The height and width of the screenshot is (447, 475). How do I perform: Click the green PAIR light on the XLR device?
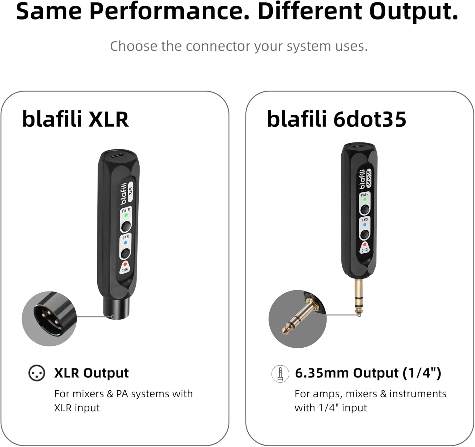tap(126, 215)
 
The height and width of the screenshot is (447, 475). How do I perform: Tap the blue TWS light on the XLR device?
tap(125, 243)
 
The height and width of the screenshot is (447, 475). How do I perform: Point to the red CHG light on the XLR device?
tap(125, 264)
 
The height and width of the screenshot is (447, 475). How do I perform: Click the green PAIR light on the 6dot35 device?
tap(365, 199)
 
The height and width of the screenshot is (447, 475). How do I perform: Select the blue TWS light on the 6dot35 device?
tap(365, 225)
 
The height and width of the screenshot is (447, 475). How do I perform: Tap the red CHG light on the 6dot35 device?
tap(365, 245)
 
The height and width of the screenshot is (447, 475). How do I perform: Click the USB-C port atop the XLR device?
tap(118, 156)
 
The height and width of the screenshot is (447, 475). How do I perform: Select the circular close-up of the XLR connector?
tap(49, 318)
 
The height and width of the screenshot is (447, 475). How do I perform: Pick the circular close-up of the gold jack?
tap(297, 319)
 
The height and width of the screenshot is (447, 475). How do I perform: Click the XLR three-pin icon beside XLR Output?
tap(37, 373)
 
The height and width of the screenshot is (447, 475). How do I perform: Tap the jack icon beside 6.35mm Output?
tap(280, 374)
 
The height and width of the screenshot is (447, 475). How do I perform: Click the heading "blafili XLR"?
tap(75, 119)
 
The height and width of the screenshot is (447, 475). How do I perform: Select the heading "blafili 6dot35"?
tap(336, 119)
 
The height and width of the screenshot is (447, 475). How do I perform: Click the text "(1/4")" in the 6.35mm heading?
tap(422, 373)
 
